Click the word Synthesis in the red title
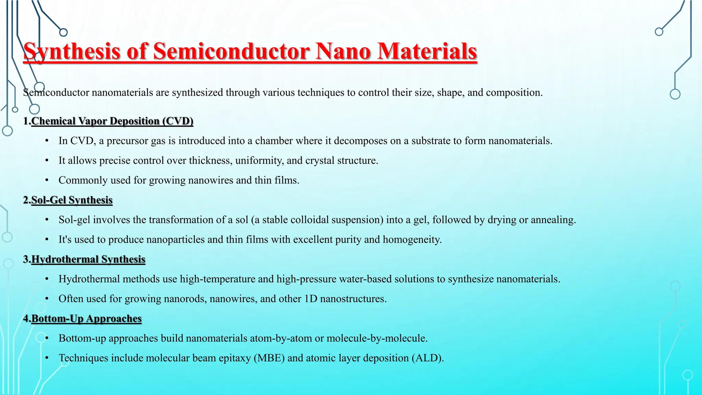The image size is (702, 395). coord(72,52)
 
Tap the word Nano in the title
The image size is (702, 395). coord(343,52)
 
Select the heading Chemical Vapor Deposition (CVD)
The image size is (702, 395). coord(112,121)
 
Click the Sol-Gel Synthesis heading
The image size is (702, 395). coord(72,200)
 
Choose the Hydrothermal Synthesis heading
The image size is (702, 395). coord(88,259)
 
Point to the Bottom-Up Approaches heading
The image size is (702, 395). coord(86,319)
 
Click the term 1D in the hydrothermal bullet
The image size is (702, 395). coord(311,299)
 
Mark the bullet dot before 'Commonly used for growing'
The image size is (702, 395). coord(47,180)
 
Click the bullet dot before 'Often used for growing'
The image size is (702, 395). coord(47,299)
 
